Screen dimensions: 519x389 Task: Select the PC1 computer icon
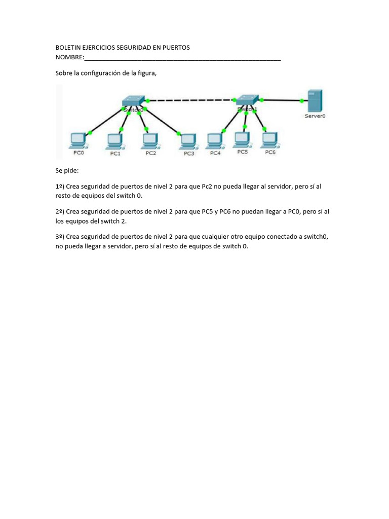click(x=114, y=141)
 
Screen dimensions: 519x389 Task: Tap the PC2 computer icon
click(x=150, y=140)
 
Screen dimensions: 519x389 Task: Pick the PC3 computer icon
click(x=188, y=141)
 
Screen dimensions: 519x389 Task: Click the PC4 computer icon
click(x=215, y=140)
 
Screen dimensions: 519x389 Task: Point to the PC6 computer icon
click(x=270, y=139)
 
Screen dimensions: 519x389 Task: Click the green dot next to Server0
click(x=302, y=101)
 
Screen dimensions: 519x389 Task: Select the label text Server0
click(x=315, y=116)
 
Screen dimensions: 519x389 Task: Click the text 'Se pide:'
click(x=67, y=171)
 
